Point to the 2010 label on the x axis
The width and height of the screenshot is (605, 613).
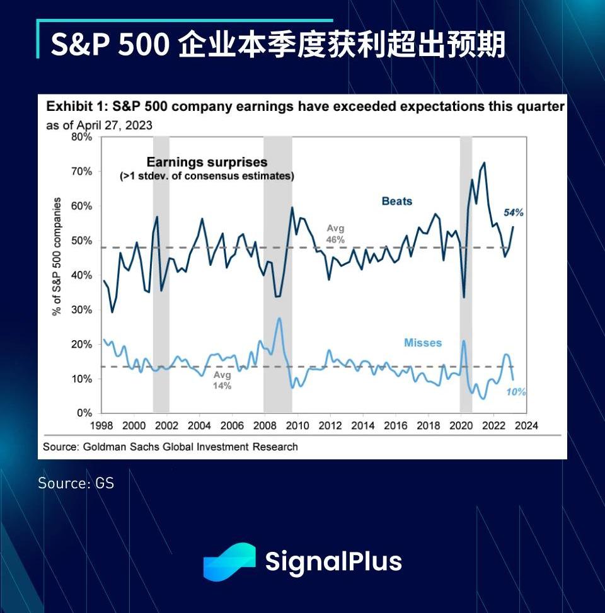297,425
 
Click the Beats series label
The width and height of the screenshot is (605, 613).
396,202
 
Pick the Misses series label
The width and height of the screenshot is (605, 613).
422,343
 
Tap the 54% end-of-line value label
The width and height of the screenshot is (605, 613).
513,213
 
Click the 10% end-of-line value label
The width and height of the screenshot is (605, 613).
516,392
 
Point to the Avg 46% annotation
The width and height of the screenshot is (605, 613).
335,234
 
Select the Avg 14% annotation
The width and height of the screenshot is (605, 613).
222,380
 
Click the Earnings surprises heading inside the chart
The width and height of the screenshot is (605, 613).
207,163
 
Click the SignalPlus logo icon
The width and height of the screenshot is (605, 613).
229,561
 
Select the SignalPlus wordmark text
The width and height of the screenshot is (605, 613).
333,561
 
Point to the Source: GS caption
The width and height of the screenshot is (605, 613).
76,483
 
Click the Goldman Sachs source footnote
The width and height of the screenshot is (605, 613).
170,447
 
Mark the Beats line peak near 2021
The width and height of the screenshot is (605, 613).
484,163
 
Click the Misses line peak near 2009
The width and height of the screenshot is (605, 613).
279,318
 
